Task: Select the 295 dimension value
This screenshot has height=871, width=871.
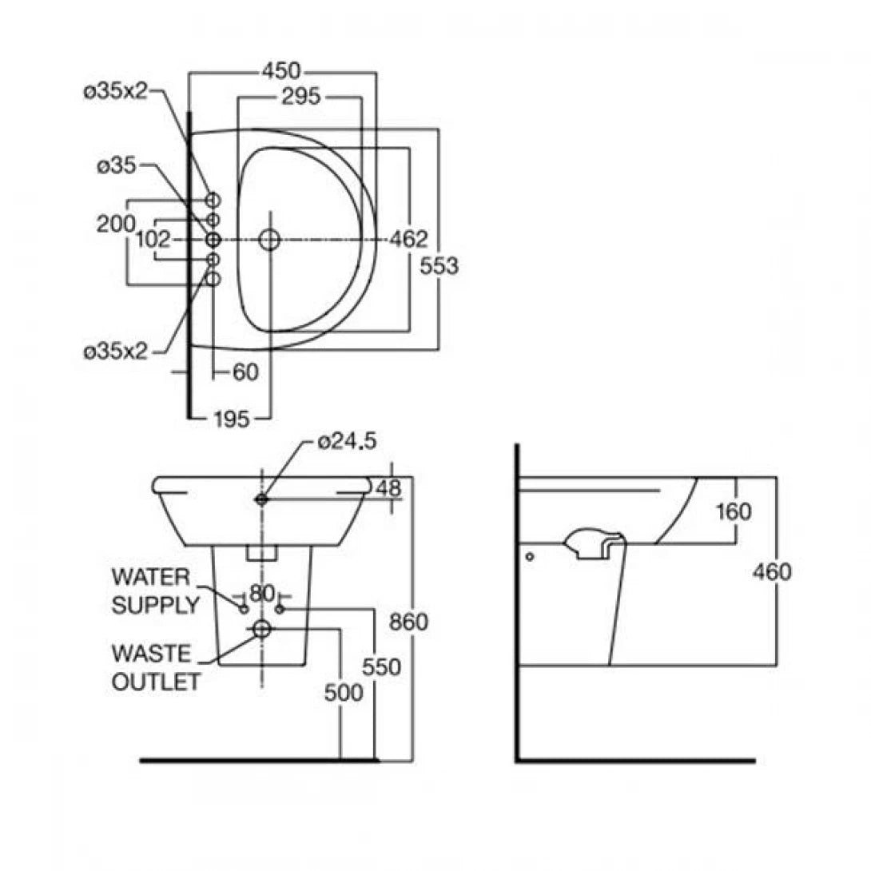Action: [300, 97]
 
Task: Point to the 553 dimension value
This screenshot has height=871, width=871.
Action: [439, 266]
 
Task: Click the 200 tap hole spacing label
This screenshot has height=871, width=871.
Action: [116, 225]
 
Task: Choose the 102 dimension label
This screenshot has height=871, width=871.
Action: [155, 239]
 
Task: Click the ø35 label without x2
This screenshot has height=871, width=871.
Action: [117, 166]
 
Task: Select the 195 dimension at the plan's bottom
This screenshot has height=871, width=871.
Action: [233, 418]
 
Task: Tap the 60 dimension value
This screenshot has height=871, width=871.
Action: [246, 372]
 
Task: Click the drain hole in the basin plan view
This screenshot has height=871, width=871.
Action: [270, 239]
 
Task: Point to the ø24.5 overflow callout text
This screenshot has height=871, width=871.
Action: [346, 440]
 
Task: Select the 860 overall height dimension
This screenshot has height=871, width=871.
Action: [410, 621]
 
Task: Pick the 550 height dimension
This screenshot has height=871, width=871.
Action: [380, 666]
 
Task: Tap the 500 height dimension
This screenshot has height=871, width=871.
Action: [344, 693]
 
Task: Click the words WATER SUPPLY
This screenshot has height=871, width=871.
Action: [154, 591]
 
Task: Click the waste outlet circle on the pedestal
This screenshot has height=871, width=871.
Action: [262, 630]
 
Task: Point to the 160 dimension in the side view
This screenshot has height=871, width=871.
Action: [734, 511]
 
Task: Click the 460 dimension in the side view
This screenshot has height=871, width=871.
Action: [772, 572]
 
